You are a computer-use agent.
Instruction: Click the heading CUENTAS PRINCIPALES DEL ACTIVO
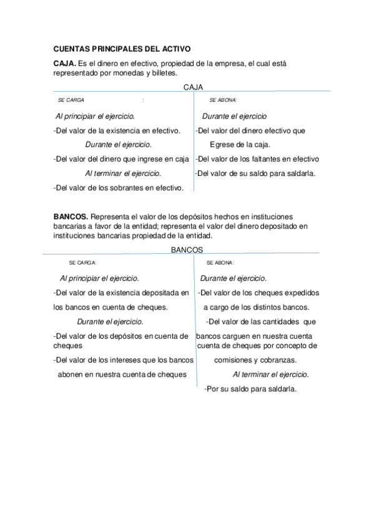click(x=122, y=48)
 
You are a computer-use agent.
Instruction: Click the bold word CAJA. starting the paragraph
click(x=65, y=64)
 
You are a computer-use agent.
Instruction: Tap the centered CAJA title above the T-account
click(x=194, y=88)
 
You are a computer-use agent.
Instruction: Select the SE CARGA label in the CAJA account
click(x=71, y=100)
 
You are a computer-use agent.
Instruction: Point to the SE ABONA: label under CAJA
click(x=223, y=100)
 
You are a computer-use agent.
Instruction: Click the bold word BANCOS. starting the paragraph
click(x=71, y=216)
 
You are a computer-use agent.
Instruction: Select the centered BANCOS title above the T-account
click(x=187, y=250)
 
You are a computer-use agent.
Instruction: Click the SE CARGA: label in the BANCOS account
click(x=82, y=263)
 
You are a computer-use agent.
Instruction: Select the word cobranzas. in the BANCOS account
click(x=277, y=361)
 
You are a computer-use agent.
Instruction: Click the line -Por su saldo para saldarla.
click(x=250, y=389)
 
